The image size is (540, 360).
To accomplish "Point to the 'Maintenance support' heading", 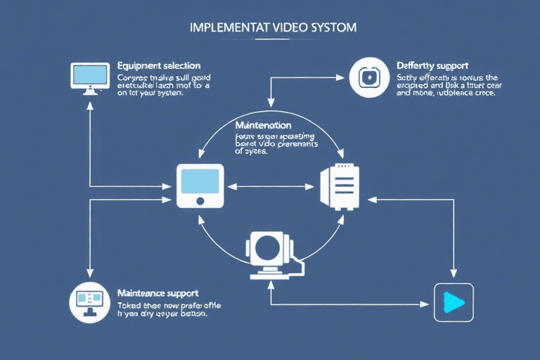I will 157,292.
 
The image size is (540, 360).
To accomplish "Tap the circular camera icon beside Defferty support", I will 369,77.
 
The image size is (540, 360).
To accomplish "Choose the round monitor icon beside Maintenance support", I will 89,302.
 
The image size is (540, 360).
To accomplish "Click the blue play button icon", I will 454,302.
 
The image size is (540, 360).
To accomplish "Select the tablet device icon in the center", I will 200,186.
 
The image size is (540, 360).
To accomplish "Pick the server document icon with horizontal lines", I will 340,186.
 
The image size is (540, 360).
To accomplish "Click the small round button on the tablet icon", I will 200,200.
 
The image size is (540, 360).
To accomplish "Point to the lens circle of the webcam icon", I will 269,247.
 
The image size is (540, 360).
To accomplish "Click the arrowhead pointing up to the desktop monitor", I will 89,104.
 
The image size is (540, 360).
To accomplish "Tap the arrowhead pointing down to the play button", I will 453,276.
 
